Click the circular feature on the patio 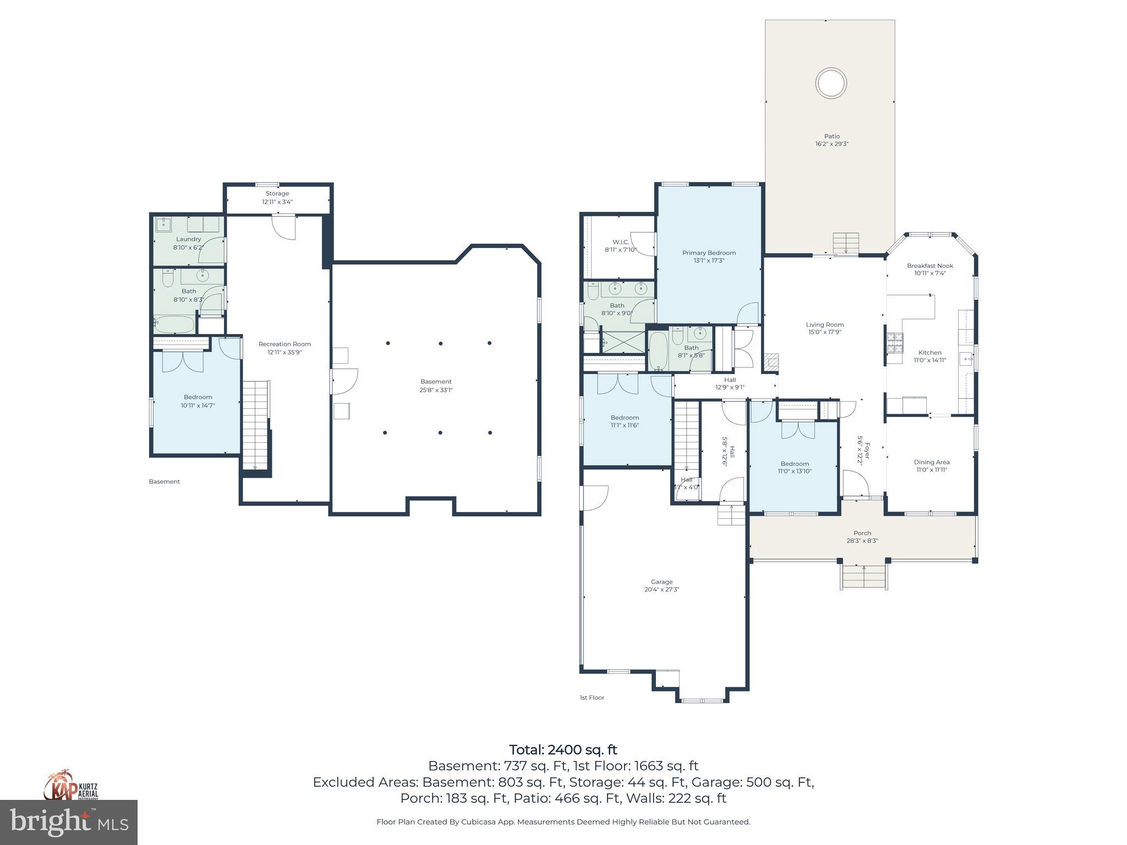[x=830, y=84]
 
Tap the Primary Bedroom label [x=709, y=253]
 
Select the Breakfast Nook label [x=930, y=266]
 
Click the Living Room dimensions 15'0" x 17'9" [x=824, y=332]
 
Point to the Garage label [x=661, y=581]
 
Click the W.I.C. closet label [x=621, y=242]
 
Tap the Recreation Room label [x=285, y=344]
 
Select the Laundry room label [x=188, y=239]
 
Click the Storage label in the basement [x=277, y=194]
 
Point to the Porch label [x=862, y=533]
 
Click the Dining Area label [x=932, y=462]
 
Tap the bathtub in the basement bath [x=174, y=325]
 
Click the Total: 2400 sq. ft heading [x=563, y=750]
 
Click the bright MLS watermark [x=69, y=822]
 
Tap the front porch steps [x=863, y=577]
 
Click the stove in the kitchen [x=895, y=343]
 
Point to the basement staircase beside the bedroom [x=255, y=424]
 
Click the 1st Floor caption [x=592, y=698]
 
